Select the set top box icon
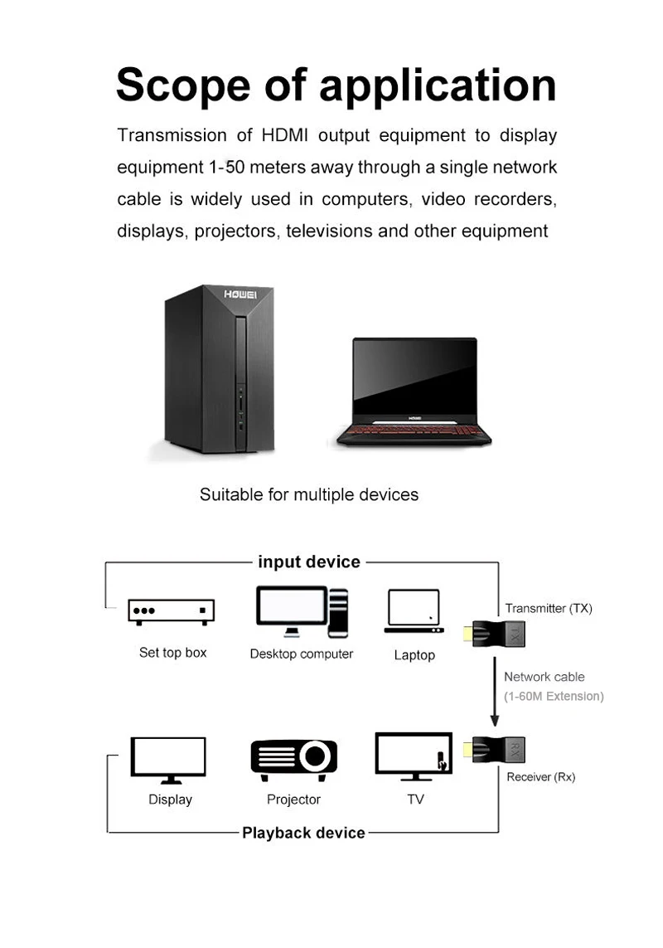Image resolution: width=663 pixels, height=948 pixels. (172, 611)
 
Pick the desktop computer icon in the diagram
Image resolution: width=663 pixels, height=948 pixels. (302, 612)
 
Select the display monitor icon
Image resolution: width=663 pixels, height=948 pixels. (169, 759)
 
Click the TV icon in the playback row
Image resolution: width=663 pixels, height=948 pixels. (414, 756)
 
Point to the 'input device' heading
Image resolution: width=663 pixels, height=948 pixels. (309, 562)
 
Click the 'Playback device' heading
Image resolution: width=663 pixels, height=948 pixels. (303, 833)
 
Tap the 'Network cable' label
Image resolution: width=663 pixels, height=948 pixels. (544, 678)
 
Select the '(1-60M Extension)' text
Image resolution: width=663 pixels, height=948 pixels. (554, 697)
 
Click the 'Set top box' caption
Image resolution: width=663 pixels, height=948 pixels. (172, 653)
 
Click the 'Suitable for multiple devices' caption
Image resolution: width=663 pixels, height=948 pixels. (309, 495)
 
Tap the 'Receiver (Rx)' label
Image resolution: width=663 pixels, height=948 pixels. (540, 777)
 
